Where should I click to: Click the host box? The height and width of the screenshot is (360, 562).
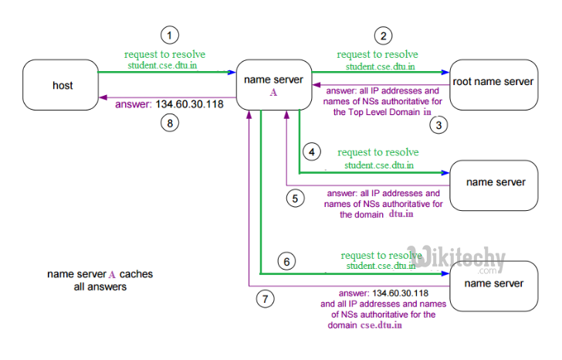pos(62,86)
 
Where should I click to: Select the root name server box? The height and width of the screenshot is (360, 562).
pos(493,81)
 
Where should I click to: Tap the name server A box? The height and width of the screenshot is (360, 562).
pos(273,85)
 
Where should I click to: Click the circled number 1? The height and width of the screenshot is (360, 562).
pos(169,35)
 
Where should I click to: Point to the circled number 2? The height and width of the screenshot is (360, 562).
pos(381,35)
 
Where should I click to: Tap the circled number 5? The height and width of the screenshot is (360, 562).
pos(294,198)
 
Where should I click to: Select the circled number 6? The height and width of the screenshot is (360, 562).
pos(286,262)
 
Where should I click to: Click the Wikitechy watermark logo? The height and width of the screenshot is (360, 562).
pos(456,258)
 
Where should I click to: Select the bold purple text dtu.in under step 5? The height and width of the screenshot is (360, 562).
pos(401,214)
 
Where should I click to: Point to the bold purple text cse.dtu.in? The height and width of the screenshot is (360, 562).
pos(381,326)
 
